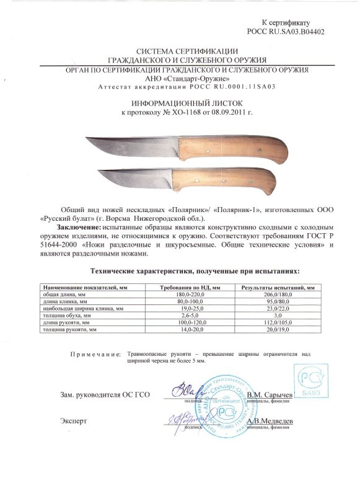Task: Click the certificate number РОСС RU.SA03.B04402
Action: coord(284,30)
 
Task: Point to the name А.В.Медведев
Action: coord(271,420)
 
